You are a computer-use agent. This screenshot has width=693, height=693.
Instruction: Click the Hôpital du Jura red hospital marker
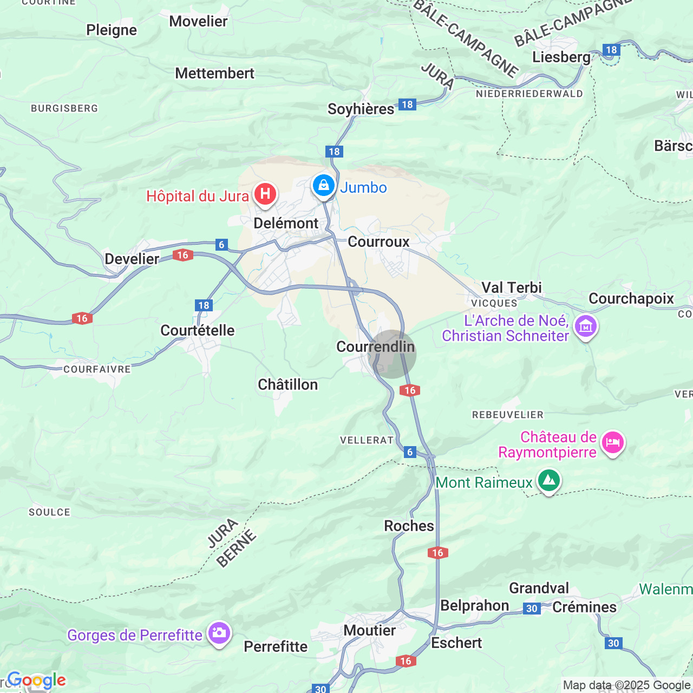pos(265,194)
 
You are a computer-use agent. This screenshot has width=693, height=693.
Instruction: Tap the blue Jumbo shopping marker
pos(324,186)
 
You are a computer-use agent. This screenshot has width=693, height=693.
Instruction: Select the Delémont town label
pos(286,223)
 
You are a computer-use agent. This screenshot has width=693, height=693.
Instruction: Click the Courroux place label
pos(378,241)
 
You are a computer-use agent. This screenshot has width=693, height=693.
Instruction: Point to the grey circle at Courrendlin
pos(392,354)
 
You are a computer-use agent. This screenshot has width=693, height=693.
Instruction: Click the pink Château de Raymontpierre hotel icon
pos(613,443)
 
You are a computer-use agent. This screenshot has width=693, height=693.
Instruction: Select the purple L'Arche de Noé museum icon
pos(586,326)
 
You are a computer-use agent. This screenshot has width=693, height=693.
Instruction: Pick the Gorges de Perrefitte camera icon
pos(219,633)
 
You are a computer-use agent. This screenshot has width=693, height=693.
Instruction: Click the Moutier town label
pos(370,630)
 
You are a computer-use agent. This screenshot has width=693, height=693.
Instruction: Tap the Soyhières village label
pos(361,109)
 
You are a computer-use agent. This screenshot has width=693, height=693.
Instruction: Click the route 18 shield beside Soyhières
pos(407,104)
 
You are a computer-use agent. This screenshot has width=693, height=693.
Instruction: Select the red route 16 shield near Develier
pos(183,255)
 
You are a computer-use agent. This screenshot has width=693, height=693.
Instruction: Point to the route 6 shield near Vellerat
pos(410,452)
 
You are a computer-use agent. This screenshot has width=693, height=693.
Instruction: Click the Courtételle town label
pos(198,330)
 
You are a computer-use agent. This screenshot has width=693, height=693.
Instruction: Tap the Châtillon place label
pos(287,384)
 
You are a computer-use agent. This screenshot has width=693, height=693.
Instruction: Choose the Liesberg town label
pos(561,57)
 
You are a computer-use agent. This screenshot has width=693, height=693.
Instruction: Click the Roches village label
pos(409,526)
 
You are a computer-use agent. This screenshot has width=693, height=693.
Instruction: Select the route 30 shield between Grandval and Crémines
pos(532,609)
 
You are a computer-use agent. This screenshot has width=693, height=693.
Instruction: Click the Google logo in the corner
pos(36,681)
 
